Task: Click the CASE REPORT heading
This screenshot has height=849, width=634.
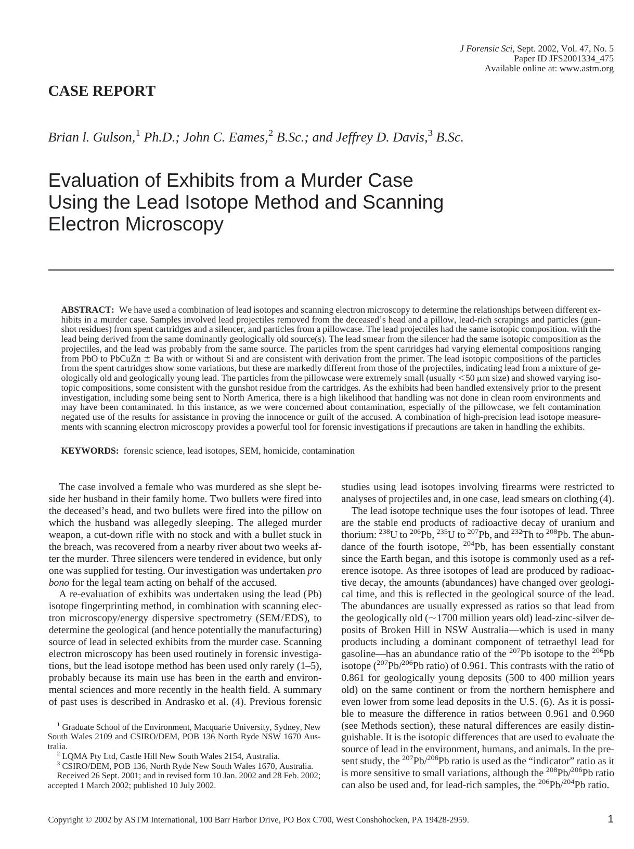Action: (x=101, y=91)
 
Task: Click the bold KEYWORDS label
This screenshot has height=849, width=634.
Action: (x=89, y=451)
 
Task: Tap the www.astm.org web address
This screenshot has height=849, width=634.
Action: (x=586, y=69)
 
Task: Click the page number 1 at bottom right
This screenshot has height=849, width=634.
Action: (x=610, y=819)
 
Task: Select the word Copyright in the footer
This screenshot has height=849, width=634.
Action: (x=66, y=820)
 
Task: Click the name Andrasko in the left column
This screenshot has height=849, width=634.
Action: (x=184, y=702)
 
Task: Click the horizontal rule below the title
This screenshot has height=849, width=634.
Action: (x=331, y=270)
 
